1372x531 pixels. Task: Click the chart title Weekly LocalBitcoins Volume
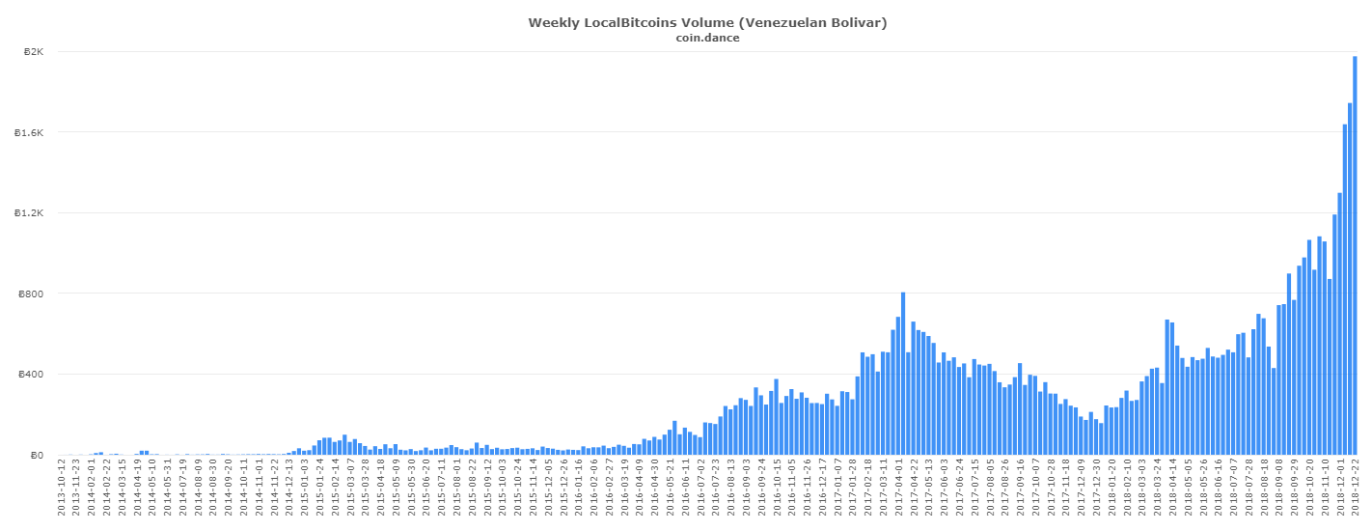[637, 22]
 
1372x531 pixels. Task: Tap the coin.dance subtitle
[708, 38]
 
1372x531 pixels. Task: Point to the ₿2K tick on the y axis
[33, 52]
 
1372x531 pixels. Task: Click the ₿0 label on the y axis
[38, 455]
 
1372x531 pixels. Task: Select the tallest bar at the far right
[1355, 255]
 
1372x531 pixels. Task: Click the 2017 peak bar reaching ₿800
[903, 373]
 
